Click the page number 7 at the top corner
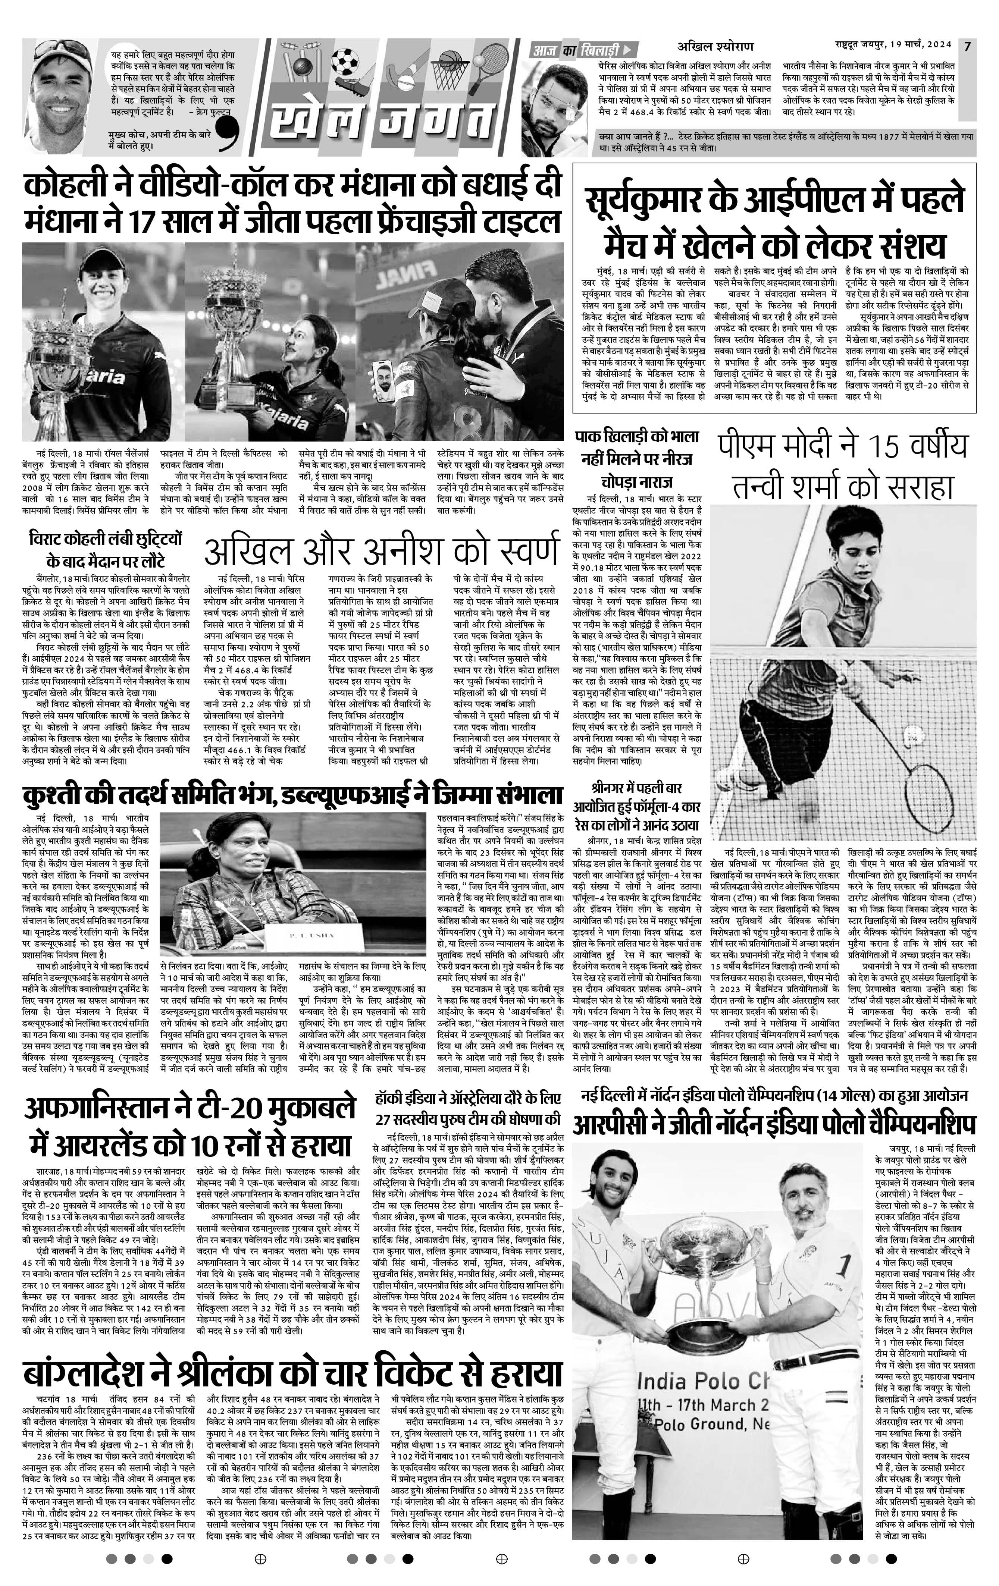tap(967, 46)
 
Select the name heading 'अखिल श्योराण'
tap(715, 47)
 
